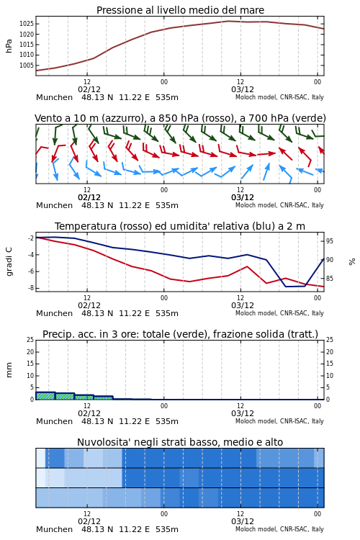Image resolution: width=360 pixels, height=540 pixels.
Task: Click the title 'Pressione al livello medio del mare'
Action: pos(180,10)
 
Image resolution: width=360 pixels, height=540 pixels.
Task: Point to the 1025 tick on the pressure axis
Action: pos(27,24)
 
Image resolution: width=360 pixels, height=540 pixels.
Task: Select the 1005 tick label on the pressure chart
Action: pos(27,65)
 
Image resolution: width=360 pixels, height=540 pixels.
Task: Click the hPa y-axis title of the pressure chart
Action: pos(9,46)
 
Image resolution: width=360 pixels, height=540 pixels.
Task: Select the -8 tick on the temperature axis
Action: pos(30,288)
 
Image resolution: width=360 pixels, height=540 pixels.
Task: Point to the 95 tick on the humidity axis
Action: pos(330,241)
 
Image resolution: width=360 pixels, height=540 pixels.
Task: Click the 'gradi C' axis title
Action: pos(9,261)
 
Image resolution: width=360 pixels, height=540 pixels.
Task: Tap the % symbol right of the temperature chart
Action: pos(352,262)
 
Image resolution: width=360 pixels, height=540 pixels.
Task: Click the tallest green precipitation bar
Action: pos(45,396)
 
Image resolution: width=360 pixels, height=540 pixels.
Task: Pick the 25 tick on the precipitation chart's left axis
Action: pos(30,340)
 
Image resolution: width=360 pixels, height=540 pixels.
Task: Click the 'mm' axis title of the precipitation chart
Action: pos(9,370)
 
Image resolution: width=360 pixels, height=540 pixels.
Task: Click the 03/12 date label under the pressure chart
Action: pos(243,89)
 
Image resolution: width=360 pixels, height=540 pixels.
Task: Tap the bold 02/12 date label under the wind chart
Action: pos(89,197)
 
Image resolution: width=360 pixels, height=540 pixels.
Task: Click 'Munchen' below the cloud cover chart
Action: pos(55,529)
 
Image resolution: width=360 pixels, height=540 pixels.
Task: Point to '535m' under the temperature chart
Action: pos(167,313)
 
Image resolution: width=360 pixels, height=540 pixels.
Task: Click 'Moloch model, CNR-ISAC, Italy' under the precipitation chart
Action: pos(279,421)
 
